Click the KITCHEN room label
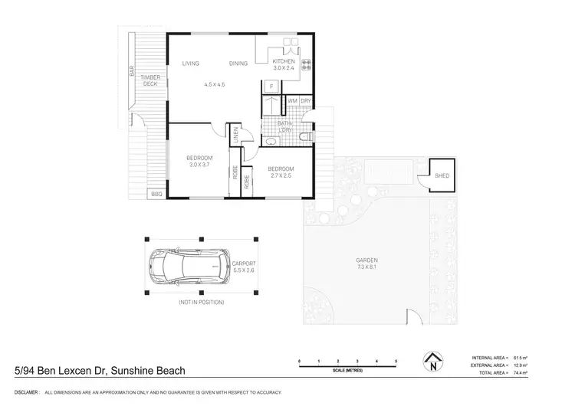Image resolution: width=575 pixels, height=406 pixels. [x=284, y=61]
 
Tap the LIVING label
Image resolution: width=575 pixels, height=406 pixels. [x=191, y=64]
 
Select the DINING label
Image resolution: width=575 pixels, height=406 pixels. [x=238, y=64]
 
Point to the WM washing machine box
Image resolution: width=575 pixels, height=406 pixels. [x=292, y=100]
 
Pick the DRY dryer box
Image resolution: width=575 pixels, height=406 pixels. [x=305, y=100]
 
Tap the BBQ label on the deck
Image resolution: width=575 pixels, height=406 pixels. [x=156, y=195]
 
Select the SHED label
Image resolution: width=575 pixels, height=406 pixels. [x=442, y=175]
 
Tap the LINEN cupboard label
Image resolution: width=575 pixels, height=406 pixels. [x=235, y=135]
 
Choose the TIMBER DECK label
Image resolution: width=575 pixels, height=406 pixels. [x=149, y=80]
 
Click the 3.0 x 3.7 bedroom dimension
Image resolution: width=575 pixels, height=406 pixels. [x=199, y=165]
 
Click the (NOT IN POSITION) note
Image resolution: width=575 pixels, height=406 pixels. [x=201, y=303]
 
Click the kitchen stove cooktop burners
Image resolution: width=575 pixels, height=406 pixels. [x=305, y=64]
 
